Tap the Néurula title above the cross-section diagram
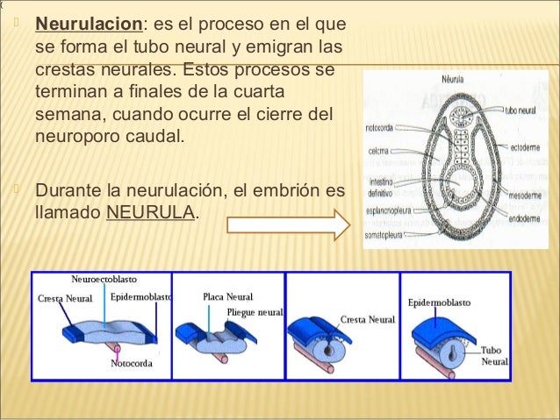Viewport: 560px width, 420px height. pos(455,79)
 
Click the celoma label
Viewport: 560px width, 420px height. pos(378,151)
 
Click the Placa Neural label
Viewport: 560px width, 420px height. pos(227,296)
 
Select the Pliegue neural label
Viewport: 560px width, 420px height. pos(255,311)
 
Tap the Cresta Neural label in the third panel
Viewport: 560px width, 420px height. pos(368,319)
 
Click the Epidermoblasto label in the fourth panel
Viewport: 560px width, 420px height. pos(439,303)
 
